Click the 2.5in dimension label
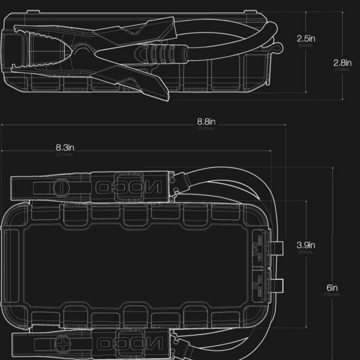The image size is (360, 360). [306, 38]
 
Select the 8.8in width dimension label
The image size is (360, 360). [206, 122]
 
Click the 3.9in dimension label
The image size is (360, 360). [305, 245]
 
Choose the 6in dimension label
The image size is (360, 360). [332, 288]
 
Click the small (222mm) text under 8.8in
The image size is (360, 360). [206, 129]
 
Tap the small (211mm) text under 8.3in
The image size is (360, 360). [64, 154]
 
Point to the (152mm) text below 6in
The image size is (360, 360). [332, 295]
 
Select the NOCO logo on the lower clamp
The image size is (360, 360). [129, 344]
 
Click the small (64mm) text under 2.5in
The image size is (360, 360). [305, 45]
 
